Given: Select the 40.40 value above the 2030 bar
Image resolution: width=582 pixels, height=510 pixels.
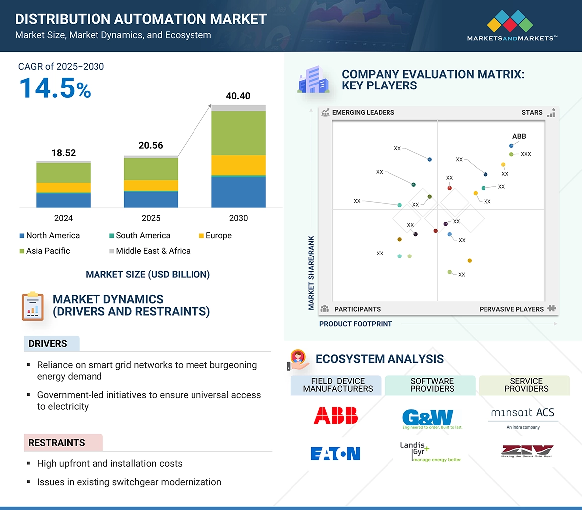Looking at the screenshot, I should tap(238, 96).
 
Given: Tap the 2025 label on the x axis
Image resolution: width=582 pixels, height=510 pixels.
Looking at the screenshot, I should tap(151, 218).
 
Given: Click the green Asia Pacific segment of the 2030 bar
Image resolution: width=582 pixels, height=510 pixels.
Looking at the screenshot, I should tap(238, 133).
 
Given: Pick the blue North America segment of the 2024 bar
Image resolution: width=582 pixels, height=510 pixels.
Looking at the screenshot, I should tap(63, 200).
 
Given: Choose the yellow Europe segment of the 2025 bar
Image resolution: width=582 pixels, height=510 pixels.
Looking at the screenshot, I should tap(151, 185).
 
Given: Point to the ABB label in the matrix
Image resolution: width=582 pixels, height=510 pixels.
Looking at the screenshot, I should tap(519, 136).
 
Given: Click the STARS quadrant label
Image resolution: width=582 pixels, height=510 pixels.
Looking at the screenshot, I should tap(532, 112).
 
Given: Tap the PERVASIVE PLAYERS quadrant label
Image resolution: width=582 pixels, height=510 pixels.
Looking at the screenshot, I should tap(511, 309).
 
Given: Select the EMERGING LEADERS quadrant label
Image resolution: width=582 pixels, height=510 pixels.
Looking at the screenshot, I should tap(363, 112).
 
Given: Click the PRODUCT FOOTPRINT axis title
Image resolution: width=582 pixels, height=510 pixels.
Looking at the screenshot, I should tap(356, 324).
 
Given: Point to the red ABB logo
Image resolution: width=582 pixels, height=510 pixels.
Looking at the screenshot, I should tap(335, 415).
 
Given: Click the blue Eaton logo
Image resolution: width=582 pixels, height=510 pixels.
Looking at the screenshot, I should tap(335, 453).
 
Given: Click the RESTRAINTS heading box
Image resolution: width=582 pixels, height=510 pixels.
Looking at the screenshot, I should tap(63, 442).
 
